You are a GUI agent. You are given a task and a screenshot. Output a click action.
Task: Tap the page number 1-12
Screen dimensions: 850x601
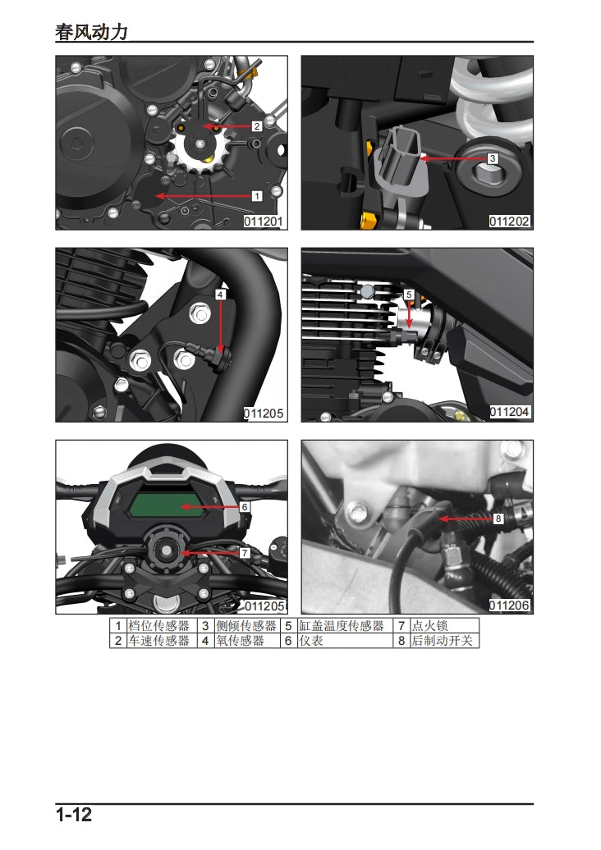[x=74, y=815]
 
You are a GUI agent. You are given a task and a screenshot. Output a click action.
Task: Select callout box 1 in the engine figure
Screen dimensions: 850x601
[x=256, y=196]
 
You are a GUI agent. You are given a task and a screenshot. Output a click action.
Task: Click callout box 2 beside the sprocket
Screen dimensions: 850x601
[x=256, y=126]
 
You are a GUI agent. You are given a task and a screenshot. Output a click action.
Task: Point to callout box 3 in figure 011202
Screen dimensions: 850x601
[x=493, y=158]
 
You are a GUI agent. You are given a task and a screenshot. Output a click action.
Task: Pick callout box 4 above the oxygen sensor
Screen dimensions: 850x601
[x=221, y=294]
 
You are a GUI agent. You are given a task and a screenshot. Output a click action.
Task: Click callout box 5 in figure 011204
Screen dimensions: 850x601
[x=408, y=294]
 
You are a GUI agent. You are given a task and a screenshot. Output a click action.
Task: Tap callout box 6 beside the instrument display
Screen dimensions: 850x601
[x=245, y=507]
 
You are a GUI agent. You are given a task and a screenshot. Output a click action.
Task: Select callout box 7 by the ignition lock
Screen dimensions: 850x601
[x=245, y=553]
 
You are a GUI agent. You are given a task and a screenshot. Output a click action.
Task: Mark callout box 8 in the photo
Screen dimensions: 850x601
[x=498, y=519]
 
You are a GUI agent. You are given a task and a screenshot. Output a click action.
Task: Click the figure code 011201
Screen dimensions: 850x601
[x=264, y=222]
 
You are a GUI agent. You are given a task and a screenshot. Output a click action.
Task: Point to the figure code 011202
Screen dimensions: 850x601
[x=510, y=222]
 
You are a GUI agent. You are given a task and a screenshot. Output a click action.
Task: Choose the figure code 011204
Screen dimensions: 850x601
[x=510, y=412]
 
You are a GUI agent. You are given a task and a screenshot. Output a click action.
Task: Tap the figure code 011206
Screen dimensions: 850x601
[x=510, y=606]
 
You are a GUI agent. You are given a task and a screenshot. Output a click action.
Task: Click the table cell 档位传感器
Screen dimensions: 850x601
[x=159, y=626]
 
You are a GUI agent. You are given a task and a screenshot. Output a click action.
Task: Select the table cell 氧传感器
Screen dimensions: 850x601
[x=240, y=641]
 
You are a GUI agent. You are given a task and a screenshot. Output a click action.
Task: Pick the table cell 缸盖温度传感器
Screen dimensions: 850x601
[x=341, y=626]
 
